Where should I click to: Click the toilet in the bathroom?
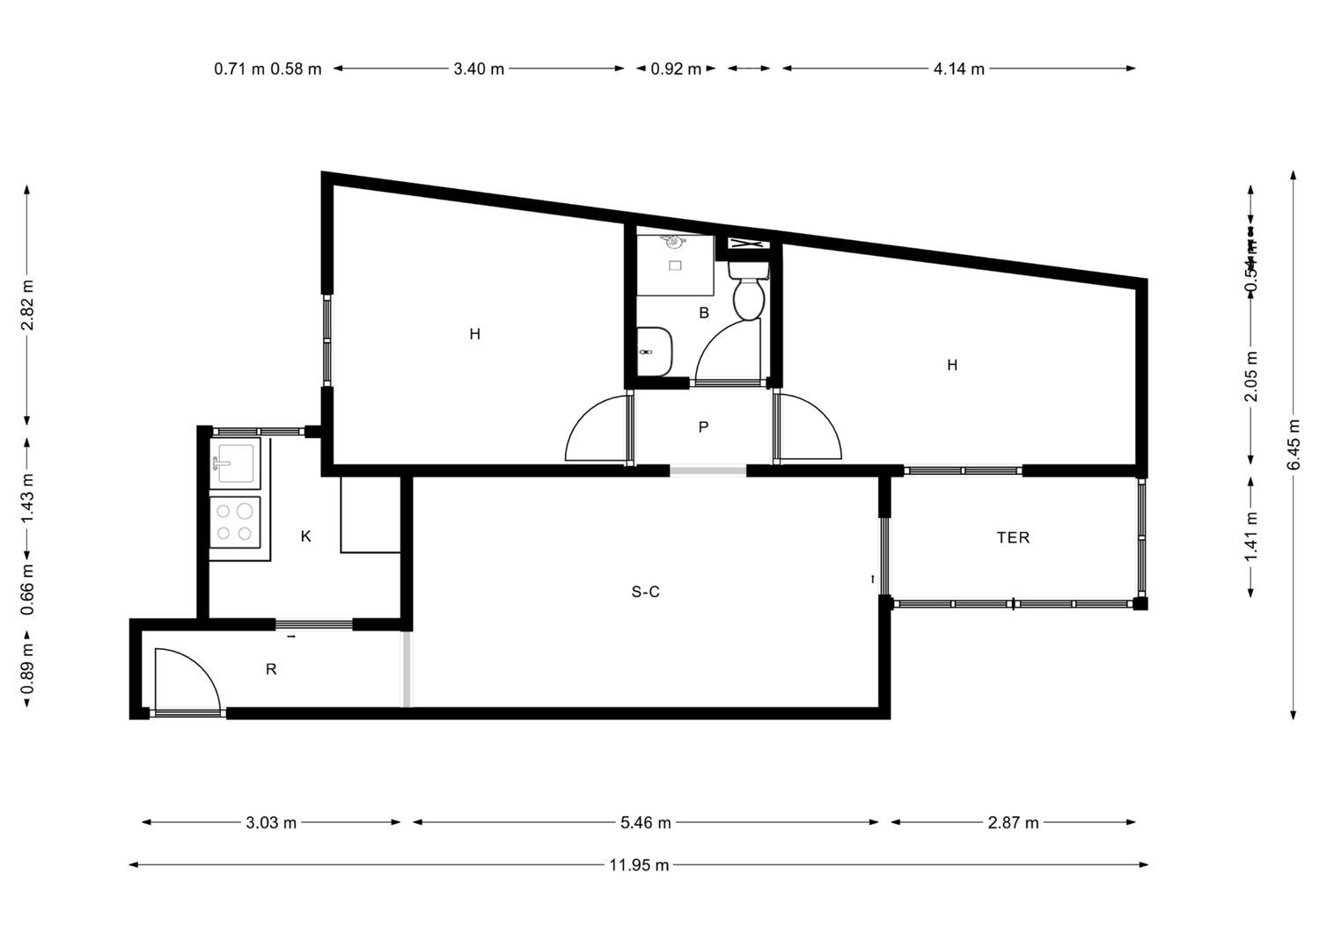point(749,293)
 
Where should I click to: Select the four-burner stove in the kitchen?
point(235,521)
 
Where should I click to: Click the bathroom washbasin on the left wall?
point(654,351)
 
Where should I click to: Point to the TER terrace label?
point(1013,537)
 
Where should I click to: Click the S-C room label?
point(645,592)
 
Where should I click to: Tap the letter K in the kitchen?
point(306,536)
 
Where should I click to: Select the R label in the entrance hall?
point(271,669)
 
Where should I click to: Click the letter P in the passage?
point(703,427)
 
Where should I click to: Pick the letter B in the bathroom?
point(704,312)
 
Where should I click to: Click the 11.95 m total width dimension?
point(639,865)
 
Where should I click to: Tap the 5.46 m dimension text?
point(646,823)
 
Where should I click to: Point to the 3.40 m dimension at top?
point(479,69)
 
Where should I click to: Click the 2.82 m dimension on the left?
point(28,304)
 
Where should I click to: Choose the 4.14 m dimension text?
point(958,69)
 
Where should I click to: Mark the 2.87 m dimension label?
point(1013,823)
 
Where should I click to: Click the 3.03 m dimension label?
point(271,823)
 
